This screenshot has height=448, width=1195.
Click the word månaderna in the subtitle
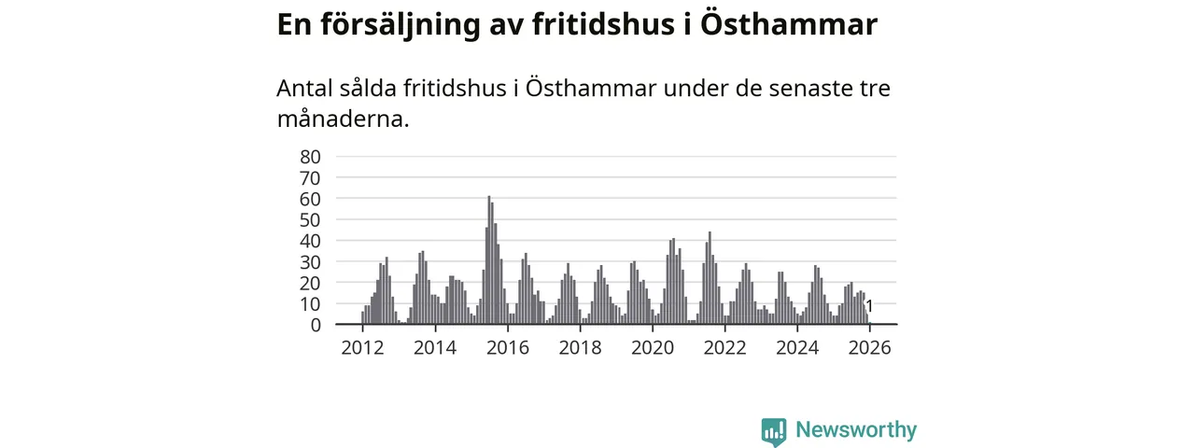(343, 119)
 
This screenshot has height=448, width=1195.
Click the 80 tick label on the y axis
(311, 157)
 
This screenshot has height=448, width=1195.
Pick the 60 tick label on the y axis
(311, 199)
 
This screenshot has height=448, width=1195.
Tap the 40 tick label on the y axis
(311, 241)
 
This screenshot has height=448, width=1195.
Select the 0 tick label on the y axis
(316, 325)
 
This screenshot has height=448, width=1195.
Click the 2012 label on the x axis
(362, 348)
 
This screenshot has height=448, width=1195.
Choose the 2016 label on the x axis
(508, 348)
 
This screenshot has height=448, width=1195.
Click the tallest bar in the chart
(488, 261)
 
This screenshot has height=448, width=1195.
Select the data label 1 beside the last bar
(869, 306)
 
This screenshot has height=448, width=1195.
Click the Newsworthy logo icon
(773, 431)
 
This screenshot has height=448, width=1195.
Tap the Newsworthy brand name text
(856, 430)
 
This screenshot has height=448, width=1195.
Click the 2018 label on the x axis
(580, 348)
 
